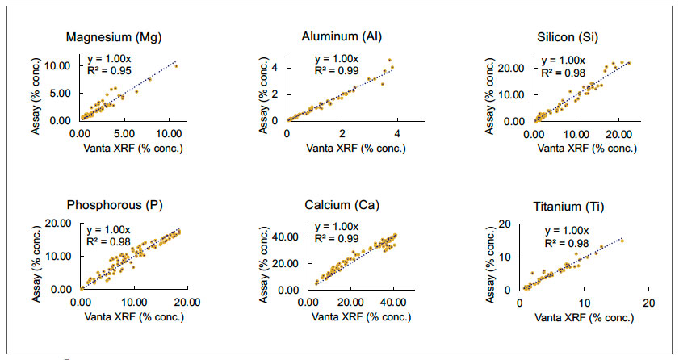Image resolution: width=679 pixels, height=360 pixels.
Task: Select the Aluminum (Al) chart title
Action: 344,37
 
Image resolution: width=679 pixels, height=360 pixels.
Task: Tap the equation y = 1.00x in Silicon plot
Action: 562,60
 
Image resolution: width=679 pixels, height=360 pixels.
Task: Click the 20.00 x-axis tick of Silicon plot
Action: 618,133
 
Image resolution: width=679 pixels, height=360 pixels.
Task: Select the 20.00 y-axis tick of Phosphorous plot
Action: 61,224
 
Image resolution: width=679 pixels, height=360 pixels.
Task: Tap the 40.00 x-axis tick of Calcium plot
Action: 393,301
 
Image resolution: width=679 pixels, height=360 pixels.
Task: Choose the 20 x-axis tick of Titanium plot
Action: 648,301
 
